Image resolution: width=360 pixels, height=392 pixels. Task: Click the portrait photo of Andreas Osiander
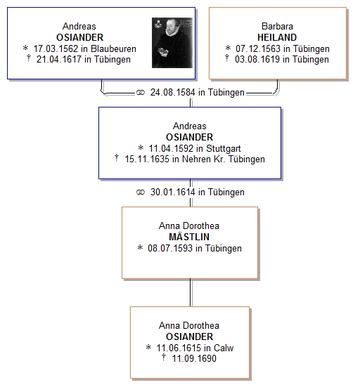point(172,42)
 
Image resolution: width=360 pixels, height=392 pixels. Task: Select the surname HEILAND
point(277,37)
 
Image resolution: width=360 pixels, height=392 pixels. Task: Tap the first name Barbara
point(277,26)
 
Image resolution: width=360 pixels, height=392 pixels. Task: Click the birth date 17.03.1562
point(56,48)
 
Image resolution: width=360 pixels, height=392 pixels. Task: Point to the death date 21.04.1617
point(59,60)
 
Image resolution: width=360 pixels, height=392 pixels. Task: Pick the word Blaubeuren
point(113,48)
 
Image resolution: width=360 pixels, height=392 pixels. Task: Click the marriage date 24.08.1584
point(173,92)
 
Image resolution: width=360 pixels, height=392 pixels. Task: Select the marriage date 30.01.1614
point(173,192)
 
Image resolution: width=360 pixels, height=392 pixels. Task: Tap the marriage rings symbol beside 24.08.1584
point(141,93)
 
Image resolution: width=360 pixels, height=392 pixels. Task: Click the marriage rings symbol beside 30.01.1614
point(141,192)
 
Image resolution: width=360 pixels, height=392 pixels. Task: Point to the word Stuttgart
point(223,148)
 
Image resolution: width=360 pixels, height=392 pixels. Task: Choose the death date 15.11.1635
point(147,159)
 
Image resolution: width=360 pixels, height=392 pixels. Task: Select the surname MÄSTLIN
point(189,237)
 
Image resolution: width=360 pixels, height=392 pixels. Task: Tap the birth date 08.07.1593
point(170,248)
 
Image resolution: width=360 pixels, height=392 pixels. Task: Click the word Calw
point(224,348)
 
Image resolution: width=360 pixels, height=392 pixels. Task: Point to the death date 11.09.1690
point(194,358)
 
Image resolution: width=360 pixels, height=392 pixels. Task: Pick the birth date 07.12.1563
point(258,48)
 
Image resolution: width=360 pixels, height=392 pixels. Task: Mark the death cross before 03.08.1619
point(227,58)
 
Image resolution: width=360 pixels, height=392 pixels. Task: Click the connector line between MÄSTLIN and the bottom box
point(191,292)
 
